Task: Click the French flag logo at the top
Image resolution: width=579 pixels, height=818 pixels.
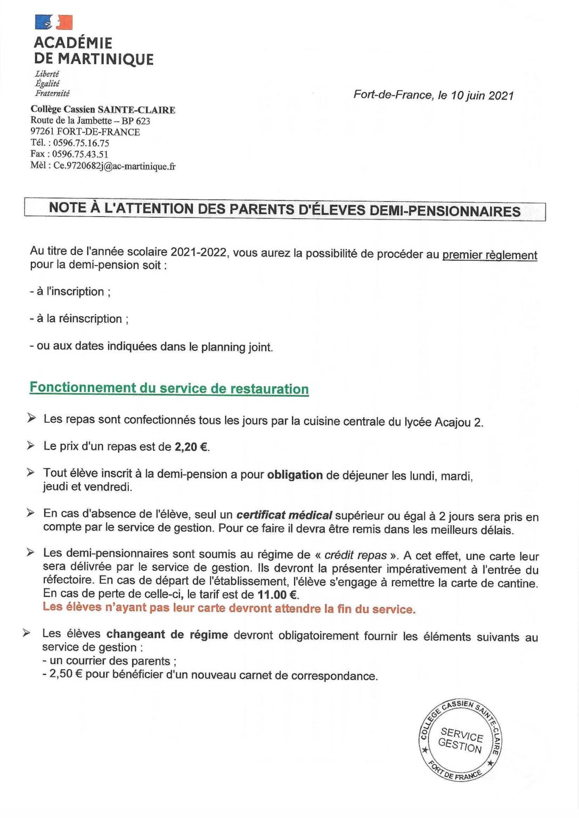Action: click(53, 22)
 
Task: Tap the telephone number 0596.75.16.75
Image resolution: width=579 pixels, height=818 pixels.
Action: click(81, 143)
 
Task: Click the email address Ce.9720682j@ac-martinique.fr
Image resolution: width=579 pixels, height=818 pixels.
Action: click(114, 166)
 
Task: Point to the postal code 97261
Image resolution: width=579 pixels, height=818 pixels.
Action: click(43, 132)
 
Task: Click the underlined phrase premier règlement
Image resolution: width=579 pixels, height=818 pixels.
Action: click(490, 255)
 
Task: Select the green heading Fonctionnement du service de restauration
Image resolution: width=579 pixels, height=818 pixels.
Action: click(169, 388)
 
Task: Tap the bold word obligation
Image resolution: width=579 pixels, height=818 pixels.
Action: click(295, 475)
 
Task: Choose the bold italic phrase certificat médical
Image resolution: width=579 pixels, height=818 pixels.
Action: click(284, 515)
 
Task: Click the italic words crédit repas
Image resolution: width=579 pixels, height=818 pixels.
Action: click(355, 555)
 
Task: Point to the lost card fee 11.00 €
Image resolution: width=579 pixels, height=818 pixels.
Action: click(278, 594)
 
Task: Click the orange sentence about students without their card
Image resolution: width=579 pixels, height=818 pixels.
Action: click(229, 608)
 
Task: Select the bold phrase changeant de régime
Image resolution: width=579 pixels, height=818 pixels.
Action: click(167, 634)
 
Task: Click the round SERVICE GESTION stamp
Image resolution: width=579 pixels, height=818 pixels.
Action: click(460, 740)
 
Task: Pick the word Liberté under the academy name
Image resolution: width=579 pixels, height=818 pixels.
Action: click(47, 73)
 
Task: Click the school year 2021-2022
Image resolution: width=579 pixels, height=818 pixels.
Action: click(199, 252)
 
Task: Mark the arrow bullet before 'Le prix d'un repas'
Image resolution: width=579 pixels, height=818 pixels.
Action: click(31, 445)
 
